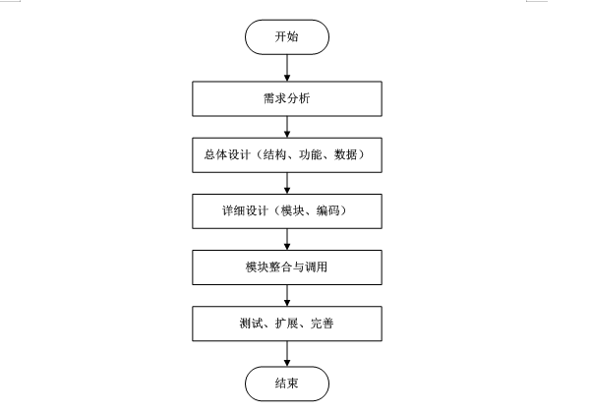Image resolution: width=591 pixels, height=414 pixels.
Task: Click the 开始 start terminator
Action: (287, 37)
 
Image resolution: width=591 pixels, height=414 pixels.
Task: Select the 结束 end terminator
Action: (287, 383)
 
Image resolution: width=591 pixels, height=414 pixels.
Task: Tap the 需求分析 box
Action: (287, 98)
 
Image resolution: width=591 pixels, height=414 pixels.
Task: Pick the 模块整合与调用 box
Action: (287, 266)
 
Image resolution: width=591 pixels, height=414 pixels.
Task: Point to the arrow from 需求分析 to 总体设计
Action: (287, 127)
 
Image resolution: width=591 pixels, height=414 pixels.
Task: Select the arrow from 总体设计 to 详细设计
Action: (287, 183)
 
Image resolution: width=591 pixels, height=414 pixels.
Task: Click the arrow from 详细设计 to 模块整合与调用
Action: (287, 239)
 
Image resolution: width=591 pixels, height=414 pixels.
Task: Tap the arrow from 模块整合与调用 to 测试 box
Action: (287, 295)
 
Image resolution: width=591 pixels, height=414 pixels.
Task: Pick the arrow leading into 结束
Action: (287, 352)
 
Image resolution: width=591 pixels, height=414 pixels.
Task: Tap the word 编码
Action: (329, 211)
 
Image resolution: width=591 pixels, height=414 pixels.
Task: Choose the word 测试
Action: (252, 324)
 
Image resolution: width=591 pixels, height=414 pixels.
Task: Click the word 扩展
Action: (287, 324)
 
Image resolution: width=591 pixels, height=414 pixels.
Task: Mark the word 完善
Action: (322, 324)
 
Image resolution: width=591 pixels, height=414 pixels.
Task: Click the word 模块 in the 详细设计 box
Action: (293, 211)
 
